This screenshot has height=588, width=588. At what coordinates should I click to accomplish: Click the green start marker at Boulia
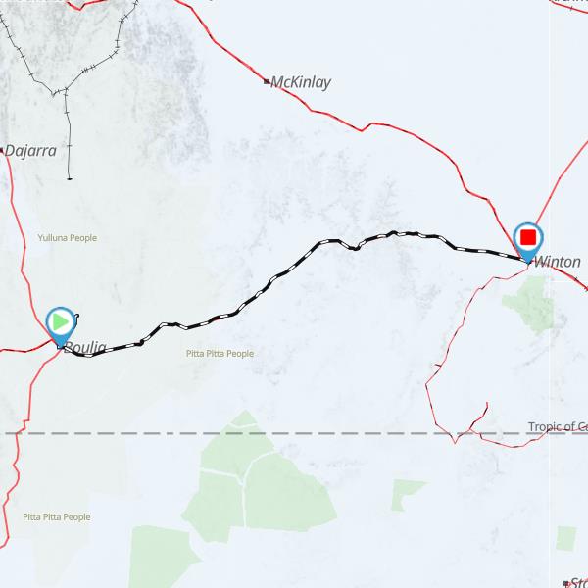coord(60,321)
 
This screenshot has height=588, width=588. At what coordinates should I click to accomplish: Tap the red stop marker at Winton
coord(528,237)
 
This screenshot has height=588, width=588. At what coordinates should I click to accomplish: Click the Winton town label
coord(557,263)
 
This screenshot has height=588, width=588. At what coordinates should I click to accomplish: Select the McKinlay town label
coord(301,82)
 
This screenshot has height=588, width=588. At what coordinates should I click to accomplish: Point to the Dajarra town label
coord(30,151)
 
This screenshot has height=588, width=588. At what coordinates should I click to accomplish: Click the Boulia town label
coord(85,348)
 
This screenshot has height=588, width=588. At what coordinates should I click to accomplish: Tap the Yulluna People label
coord(67,237)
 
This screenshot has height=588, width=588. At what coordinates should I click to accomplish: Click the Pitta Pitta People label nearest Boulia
coord(220,354)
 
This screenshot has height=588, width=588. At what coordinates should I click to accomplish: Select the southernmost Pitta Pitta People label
coord(57,516)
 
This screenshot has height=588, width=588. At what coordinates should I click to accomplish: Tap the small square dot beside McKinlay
coord(267,81)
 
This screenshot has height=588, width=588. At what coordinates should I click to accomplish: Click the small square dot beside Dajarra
coord(2,151)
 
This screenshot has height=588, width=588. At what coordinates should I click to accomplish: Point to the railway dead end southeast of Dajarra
coord(70,178)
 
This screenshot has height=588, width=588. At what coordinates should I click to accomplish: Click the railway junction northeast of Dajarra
coord(66,93)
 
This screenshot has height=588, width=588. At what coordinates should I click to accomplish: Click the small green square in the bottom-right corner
coord(565,538)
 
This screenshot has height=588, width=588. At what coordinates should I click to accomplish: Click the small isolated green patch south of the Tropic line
coord(408,494)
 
